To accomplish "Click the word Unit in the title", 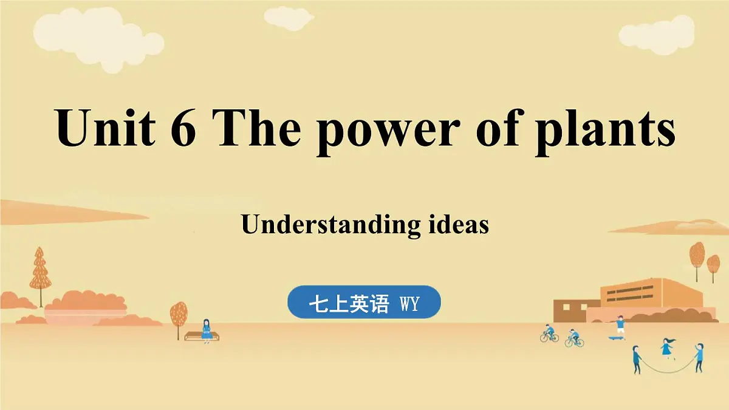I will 104,128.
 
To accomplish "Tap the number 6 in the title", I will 182,128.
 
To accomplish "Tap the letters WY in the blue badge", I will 409,304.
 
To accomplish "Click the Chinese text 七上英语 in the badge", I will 348,304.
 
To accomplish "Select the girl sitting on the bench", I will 206,330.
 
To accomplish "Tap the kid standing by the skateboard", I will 620,326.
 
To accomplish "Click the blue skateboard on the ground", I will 616,337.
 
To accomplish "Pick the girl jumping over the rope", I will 668,347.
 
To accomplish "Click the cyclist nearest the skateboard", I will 573,338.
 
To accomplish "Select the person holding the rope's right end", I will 699,357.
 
